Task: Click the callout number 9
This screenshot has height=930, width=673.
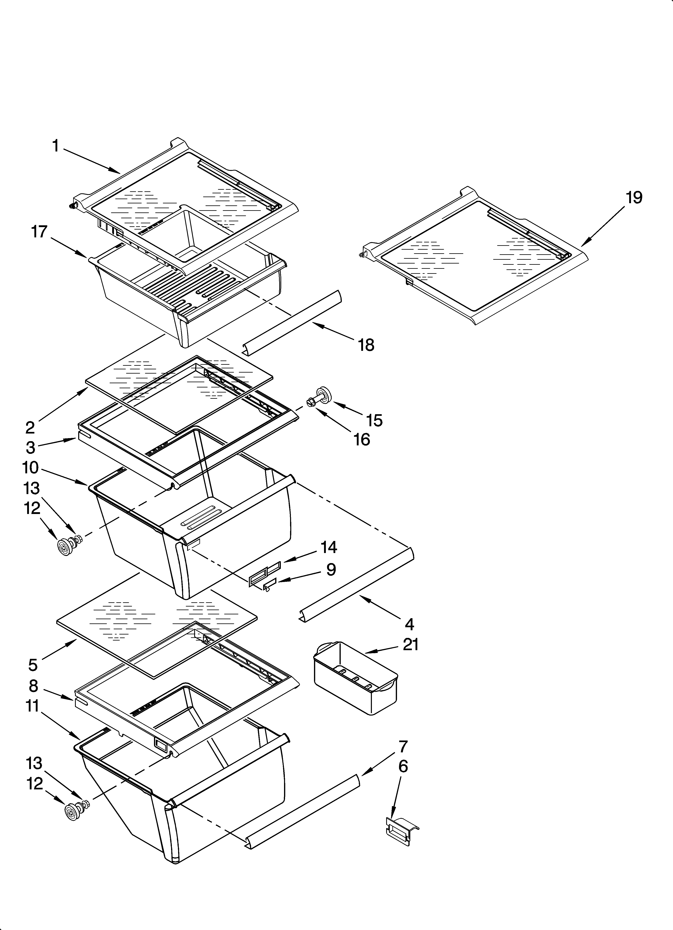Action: (x=331, y=570)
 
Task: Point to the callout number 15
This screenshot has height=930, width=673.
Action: (x=374, y=420)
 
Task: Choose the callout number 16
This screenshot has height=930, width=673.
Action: (x=361, y=440)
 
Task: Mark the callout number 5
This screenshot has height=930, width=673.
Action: (x=33, y=665)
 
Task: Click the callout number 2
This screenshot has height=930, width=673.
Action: (x=30, y=428)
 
